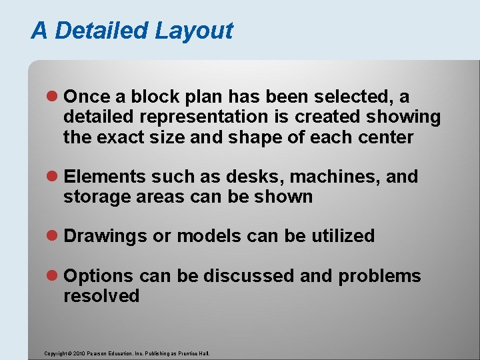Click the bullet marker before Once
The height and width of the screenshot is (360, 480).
click(x=55, y=97)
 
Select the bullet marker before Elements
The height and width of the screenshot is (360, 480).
click(x=55, y=177)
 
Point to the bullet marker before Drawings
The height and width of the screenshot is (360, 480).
click(x=55, y=236)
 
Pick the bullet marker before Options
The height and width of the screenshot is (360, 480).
click(x=55, y=276)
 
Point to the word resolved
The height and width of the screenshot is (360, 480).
click(x=101, y=296)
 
